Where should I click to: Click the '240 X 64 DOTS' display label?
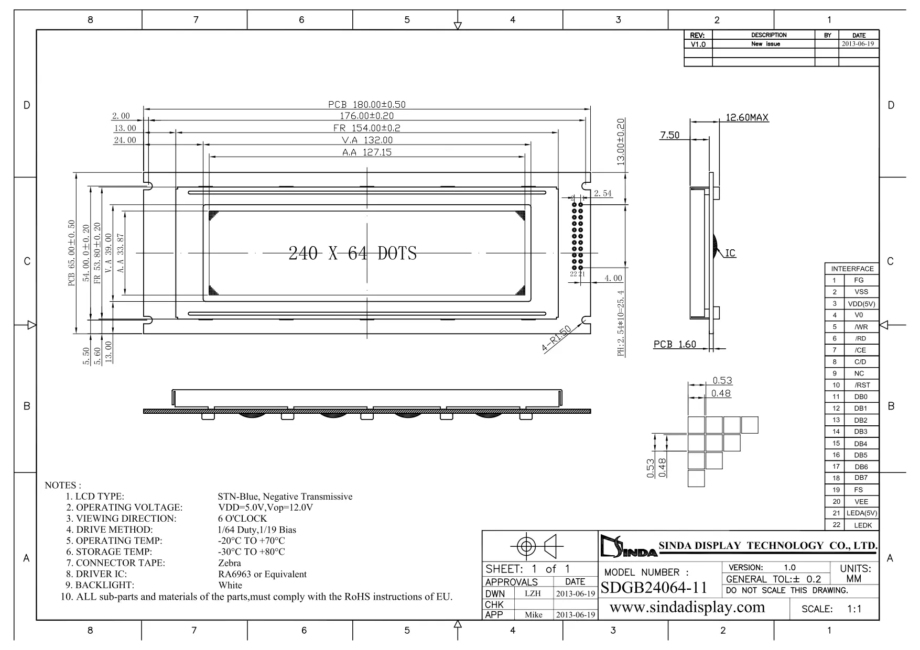(x=352, y=254)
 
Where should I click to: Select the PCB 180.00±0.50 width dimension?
(x=366, y=104)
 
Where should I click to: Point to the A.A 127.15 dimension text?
(x=366, y=152)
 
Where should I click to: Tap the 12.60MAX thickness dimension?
(x=746, y=117)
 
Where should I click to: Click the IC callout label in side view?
(x=730, y=254)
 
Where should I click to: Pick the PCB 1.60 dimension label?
(x=675, y=344)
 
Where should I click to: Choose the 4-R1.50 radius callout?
(x=556, y=339)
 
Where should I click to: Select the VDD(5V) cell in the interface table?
(x=861, y=304)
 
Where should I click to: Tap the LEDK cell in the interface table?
(x=862, y=525)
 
